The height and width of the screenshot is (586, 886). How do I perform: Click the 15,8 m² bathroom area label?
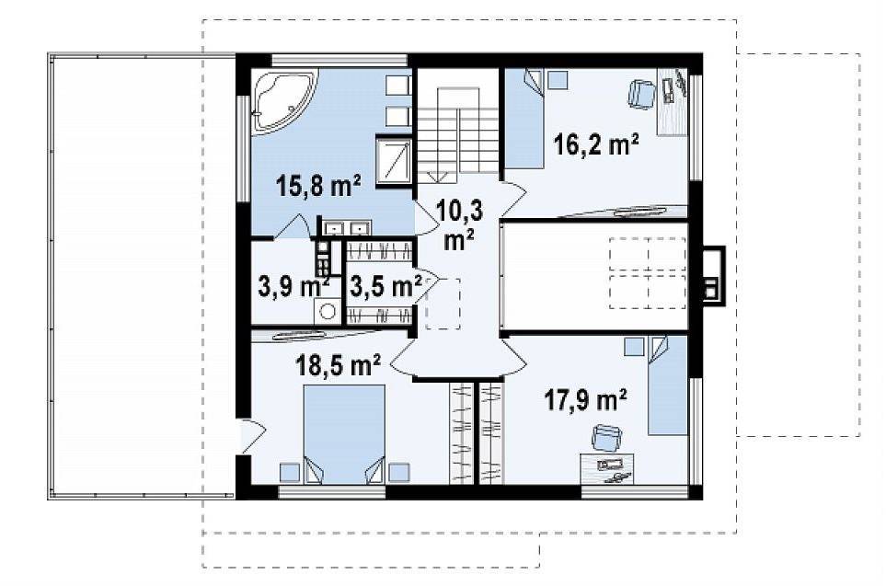coord(318,185)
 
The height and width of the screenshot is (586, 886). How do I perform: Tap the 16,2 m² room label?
coord(596,144)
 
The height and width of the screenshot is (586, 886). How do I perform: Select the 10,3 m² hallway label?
coord(459,225)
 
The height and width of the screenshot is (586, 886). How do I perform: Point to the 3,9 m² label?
coord(293,286)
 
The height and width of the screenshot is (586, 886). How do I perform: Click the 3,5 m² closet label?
coord(385,286)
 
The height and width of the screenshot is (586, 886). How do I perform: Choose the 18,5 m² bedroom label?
coord(338,365)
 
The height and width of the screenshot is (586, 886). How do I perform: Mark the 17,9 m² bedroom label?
coord(585,400)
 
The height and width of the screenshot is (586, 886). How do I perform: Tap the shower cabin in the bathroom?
coord(394,160)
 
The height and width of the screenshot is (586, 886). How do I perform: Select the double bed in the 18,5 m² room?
coord(344,434)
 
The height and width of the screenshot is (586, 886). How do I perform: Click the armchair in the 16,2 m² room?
coord(641,94)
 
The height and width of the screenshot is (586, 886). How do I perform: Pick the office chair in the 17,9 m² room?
coord(606,438)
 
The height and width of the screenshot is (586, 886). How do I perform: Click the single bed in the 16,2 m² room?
coord(524,119)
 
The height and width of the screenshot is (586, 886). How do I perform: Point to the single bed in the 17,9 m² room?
coord(667,385)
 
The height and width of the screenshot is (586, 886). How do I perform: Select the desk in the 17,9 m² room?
coord(607,469)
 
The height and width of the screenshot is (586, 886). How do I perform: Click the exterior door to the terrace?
coord(251,436)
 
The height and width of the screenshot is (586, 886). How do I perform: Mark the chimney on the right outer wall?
coord(713,276)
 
